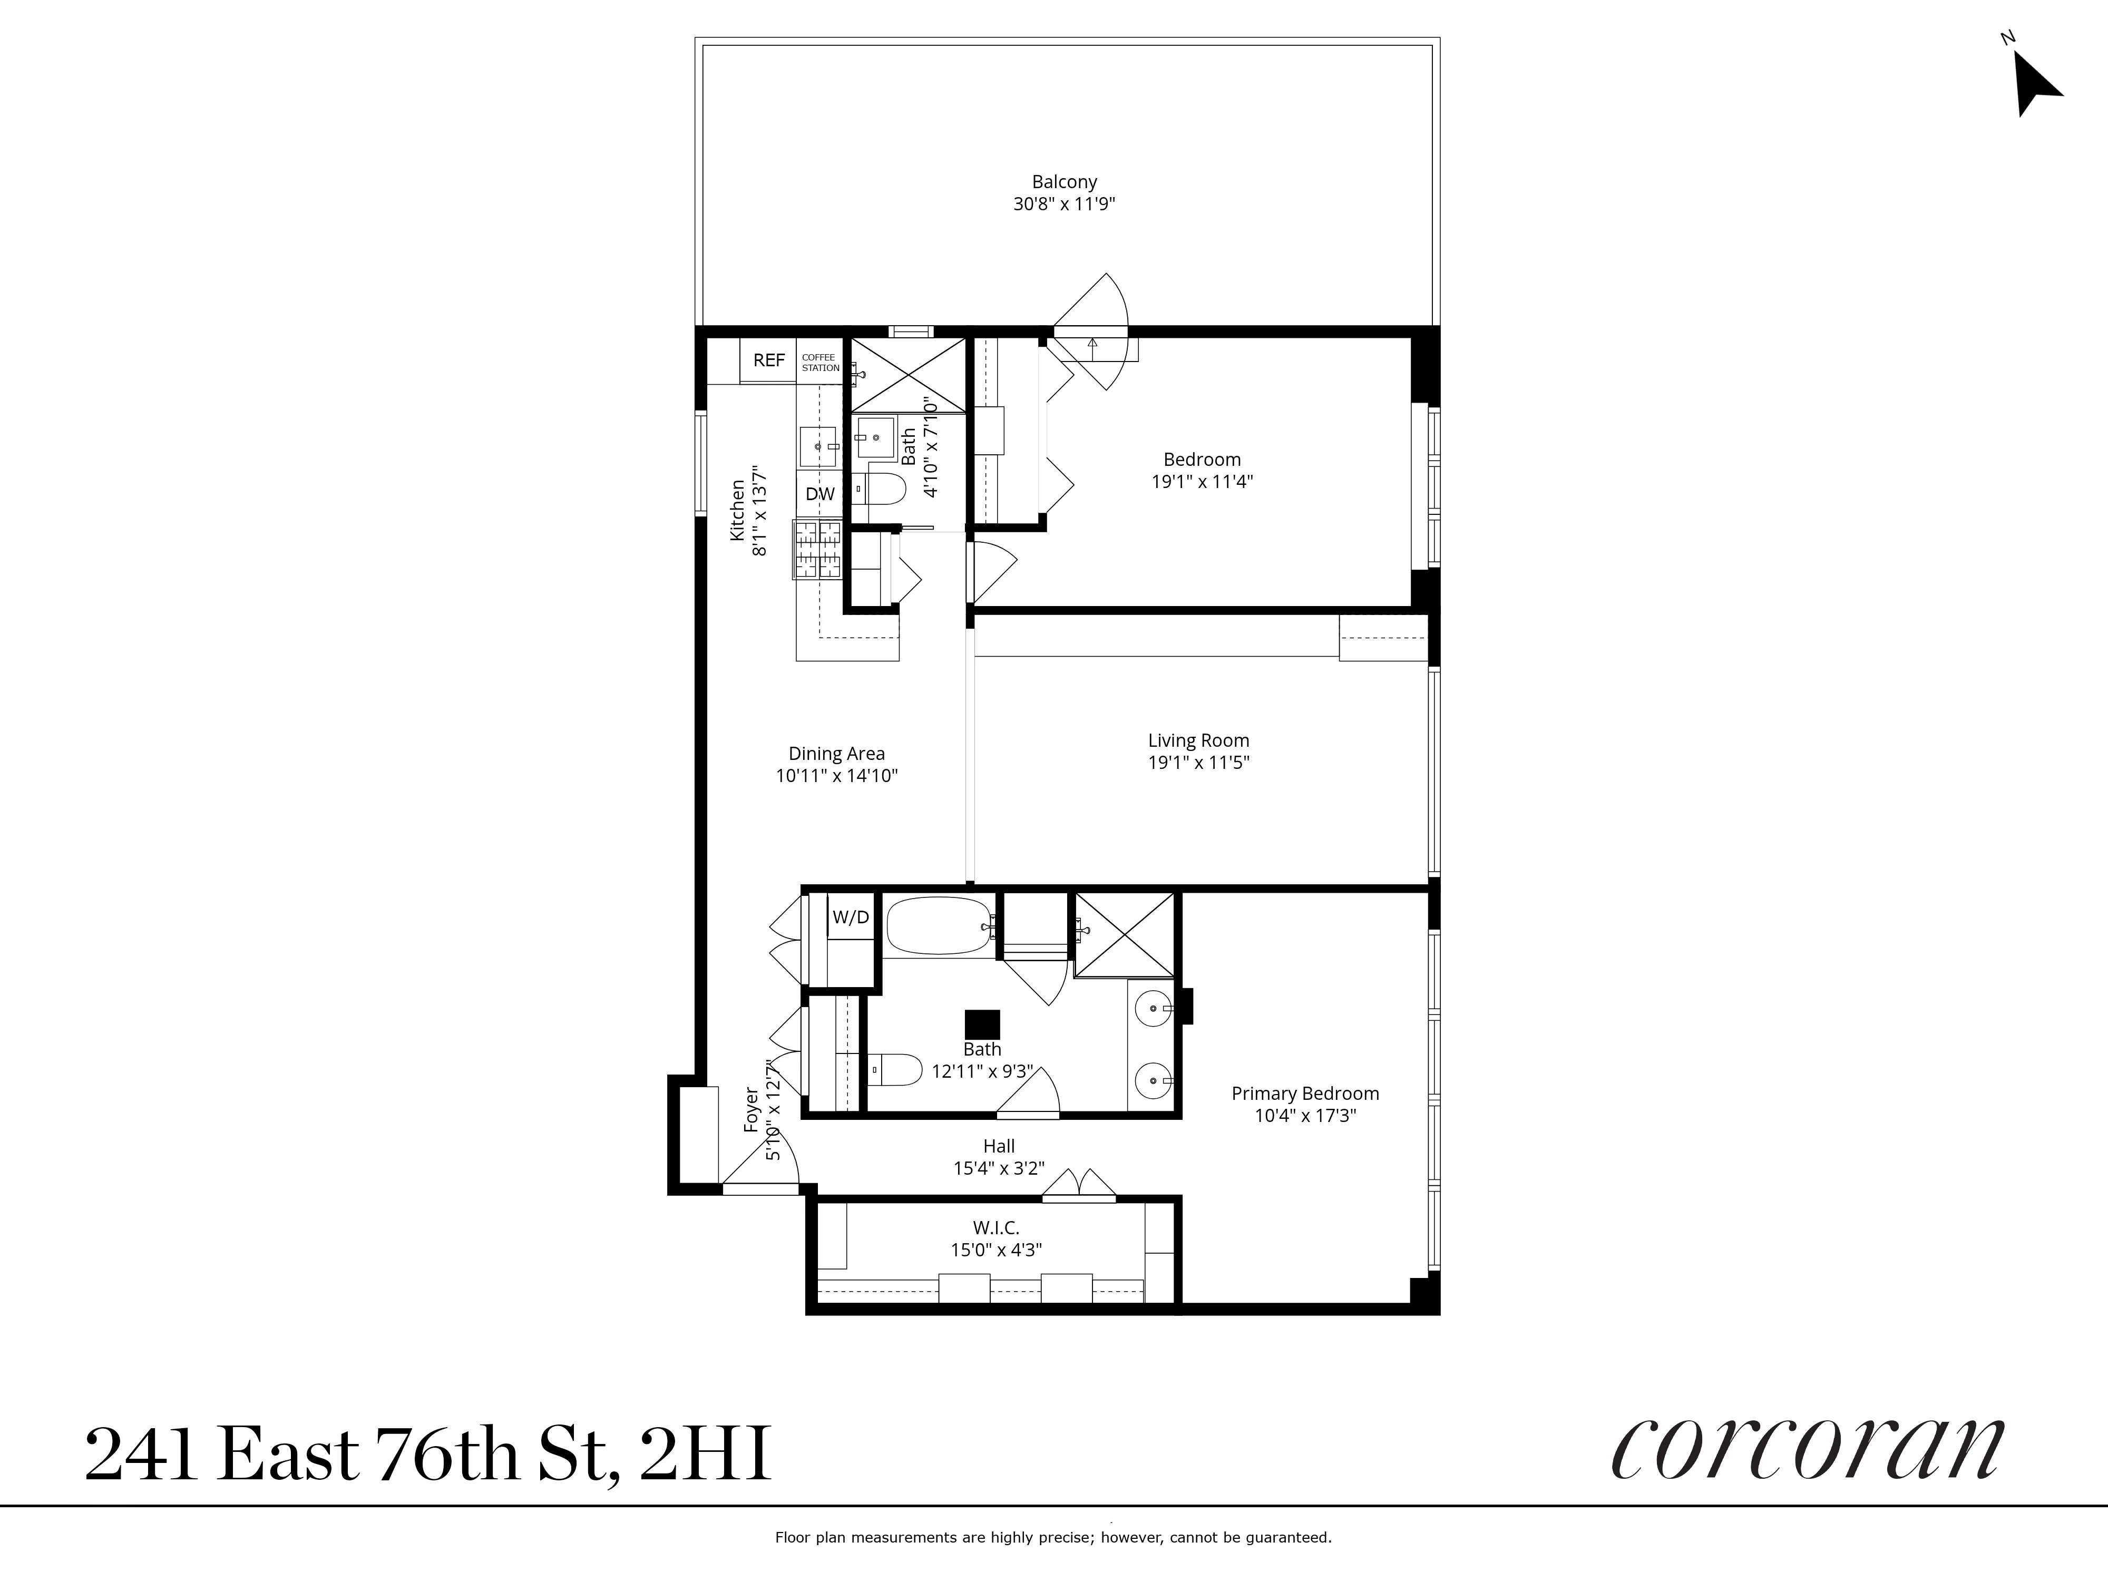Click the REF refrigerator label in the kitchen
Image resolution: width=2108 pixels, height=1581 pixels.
768,360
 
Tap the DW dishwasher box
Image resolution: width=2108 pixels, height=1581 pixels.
819,494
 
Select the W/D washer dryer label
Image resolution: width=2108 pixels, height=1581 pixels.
850,917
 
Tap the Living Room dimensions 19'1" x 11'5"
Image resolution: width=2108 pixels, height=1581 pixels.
1198,763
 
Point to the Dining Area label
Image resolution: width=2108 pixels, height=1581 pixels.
836,753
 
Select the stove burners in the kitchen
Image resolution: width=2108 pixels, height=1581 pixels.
817,550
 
